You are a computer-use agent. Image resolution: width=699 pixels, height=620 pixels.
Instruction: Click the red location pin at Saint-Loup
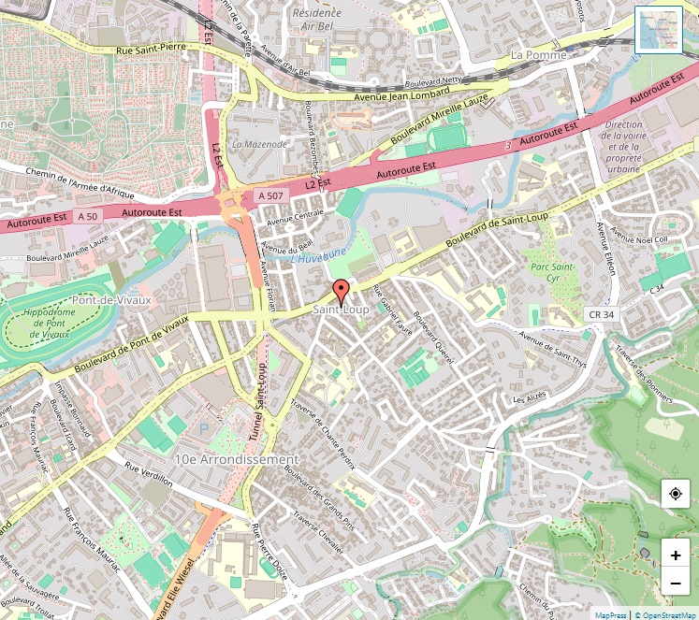[342, 289]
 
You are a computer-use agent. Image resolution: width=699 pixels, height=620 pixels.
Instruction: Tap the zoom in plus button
[675, 555]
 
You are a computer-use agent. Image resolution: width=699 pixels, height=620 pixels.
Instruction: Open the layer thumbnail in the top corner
[660, 30]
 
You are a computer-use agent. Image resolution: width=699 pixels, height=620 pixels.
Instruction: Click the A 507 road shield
[269, 195]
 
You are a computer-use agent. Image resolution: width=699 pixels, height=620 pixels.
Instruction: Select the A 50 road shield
[87, 216]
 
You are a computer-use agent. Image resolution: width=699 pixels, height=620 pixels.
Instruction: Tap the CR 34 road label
[602, 314]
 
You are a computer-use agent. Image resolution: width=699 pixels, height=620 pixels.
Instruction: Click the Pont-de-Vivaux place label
[112, 300]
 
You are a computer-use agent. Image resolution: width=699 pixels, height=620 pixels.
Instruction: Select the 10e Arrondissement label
[236, 459]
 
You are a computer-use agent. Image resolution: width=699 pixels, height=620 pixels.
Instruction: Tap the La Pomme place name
[538, 55]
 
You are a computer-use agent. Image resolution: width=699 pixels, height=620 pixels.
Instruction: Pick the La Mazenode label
[259, 144]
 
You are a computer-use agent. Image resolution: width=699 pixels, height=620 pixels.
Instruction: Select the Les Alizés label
[530, 398]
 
